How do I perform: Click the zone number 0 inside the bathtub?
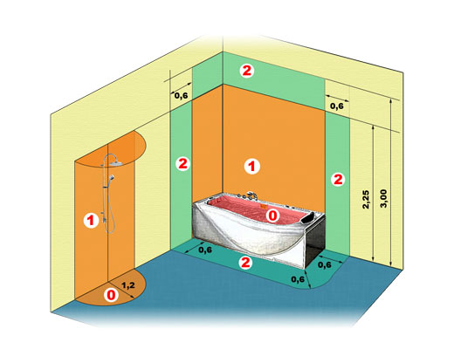(272, 216)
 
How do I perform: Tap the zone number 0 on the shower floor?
(111, 295)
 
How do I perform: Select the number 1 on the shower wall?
(91, 220)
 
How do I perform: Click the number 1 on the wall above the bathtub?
(251, 167)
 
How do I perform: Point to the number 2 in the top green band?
(247, 71)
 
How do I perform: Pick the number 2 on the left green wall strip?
(182, 164)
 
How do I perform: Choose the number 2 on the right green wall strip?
(338, 180)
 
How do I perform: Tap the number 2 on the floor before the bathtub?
(245, 263)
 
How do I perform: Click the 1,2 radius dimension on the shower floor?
(128, 285)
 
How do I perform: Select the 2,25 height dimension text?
(366, 199)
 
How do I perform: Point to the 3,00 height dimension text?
(384, 198)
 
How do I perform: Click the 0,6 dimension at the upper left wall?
(181, 95)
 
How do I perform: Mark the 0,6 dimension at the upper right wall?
(337, 106)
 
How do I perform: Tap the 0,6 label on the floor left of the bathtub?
(205, 250)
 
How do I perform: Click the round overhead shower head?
(116, 164)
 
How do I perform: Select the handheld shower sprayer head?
(111, 177)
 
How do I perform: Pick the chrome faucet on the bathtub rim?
(251, 195)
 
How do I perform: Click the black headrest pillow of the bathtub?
(308, 217)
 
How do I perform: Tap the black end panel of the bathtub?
(315, 243)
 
